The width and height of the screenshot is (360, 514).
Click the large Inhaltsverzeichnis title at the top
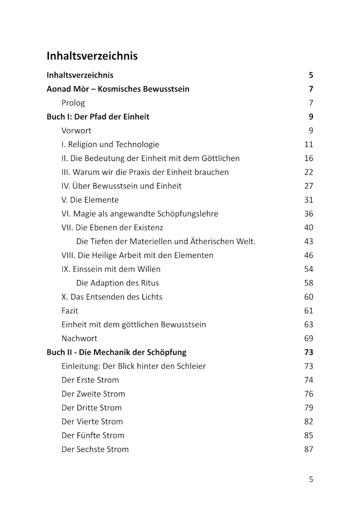pos(92,56)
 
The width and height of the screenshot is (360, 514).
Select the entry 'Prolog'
pos(73,103)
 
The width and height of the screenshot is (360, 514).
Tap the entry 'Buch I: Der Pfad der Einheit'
pos(98,117)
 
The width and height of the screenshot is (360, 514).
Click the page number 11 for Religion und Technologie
pos(308,144)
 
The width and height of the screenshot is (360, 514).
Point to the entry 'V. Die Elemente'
pos(90,200)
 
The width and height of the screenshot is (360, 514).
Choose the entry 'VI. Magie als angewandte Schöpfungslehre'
pos(139,213)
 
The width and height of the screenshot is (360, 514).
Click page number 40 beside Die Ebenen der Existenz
pos(308,227)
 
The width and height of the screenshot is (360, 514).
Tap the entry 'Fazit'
pos(70,310)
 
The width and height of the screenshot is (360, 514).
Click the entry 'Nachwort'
pos(79,338)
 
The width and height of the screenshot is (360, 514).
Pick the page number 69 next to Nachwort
pos(308,338)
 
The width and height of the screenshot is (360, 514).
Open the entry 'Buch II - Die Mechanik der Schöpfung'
pos(116,352)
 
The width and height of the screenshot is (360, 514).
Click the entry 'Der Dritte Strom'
pos(91,407)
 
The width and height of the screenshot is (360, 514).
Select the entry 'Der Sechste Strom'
pos(95,449)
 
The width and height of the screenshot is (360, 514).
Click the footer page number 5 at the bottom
pos(311,479)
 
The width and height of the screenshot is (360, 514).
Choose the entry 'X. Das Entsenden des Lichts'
pos(112,296)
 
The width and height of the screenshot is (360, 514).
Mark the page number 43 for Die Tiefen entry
pos(308,241)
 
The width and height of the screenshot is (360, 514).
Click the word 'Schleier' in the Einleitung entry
pos(190,366)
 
